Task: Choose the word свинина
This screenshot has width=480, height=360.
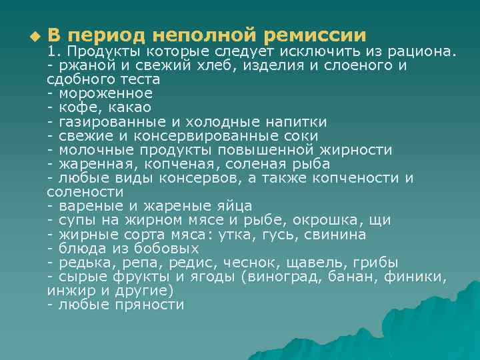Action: (333, 234)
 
